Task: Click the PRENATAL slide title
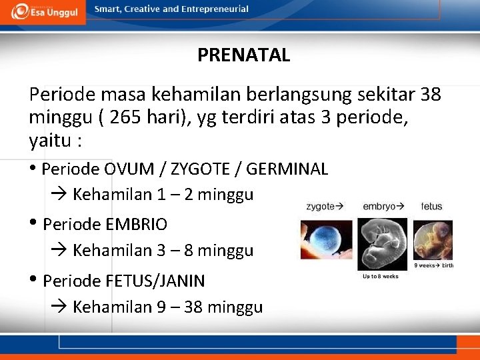coord(243,55)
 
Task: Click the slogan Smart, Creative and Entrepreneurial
coord(171,9)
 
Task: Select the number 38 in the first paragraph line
coord(431,95)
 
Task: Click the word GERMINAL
coord(287,169)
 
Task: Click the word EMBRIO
coord(136,224)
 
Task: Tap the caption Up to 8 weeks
coord(380,277)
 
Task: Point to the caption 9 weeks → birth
coord(434,265)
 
